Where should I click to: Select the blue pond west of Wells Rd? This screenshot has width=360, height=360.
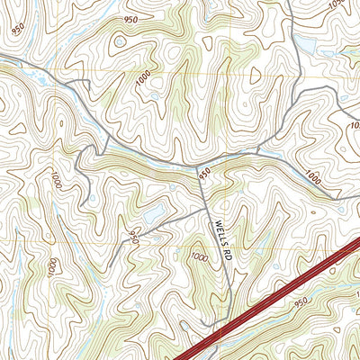153,214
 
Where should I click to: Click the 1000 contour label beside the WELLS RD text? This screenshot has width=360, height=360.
198,257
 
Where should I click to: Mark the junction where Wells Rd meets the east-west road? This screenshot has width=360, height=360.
196,166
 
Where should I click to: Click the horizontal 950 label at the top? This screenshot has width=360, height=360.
132,19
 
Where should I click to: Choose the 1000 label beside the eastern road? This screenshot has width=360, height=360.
313,176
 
